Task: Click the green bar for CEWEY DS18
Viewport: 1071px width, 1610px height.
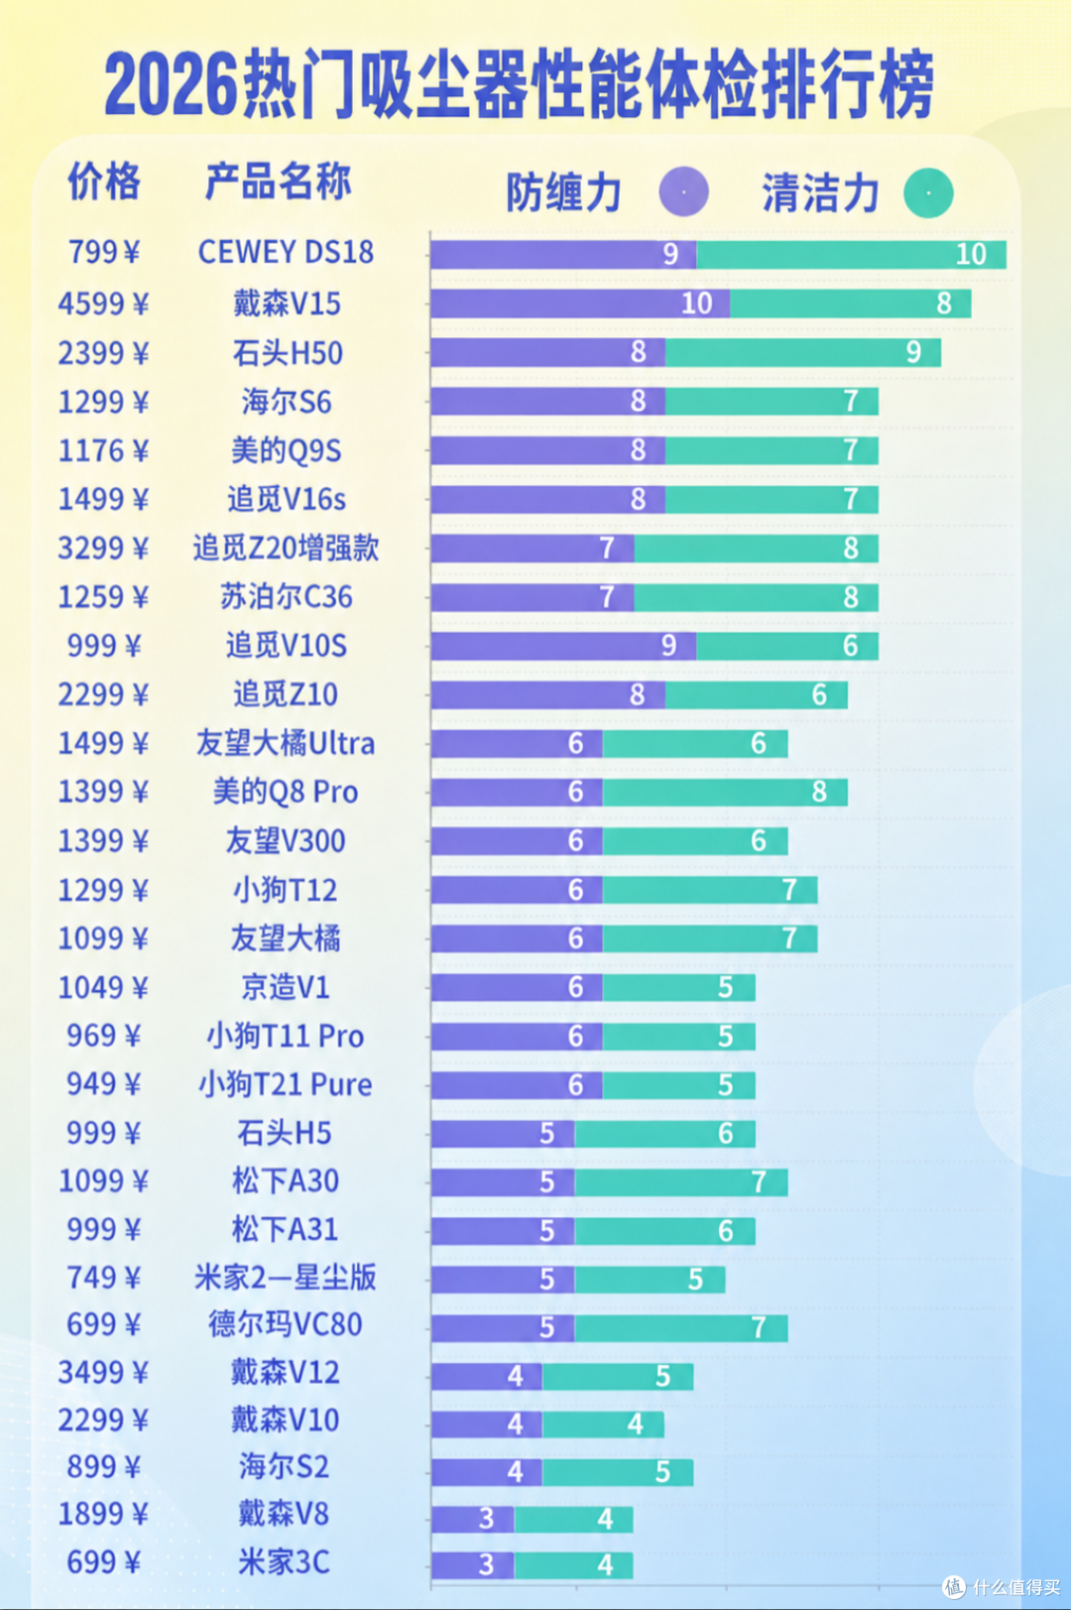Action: click(x=851, y=255)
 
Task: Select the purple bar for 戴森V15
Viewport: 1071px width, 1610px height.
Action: click(x=580, y=304)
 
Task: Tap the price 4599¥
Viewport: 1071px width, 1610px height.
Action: click(x=103, y=304)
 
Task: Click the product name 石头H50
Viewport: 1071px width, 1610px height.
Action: click(x=288, y=353)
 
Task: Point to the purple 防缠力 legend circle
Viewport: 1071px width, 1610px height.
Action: click(x=684, y=191)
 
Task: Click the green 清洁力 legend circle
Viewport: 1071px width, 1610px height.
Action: click(x=928, y=192)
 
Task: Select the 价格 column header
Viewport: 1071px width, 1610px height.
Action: click(x=104, y=182)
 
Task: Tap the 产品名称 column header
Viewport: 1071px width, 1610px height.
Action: click(x=278, y=182)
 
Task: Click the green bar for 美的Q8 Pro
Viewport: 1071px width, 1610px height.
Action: click(x=725, y=792)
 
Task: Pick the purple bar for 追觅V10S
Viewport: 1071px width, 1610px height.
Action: click(x=563, y=646)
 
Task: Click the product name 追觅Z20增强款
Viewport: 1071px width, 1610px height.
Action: click(x=286, y=549)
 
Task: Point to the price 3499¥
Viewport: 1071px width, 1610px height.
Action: click(x=103, y=1373)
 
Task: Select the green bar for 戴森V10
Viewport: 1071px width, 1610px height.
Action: click(x=603, y=1424)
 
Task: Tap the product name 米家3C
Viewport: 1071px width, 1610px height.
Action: click(x=285, y=1562)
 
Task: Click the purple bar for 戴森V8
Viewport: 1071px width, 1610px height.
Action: click(x=473, y=1519)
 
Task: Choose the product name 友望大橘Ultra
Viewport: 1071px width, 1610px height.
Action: click(x=286, y=743)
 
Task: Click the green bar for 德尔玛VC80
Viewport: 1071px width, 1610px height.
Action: click(x=681, y=1328)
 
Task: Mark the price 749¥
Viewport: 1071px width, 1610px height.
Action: click(x=103, y=1278)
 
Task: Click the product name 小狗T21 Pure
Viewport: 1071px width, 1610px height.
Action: click(x=286, y=1084)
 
